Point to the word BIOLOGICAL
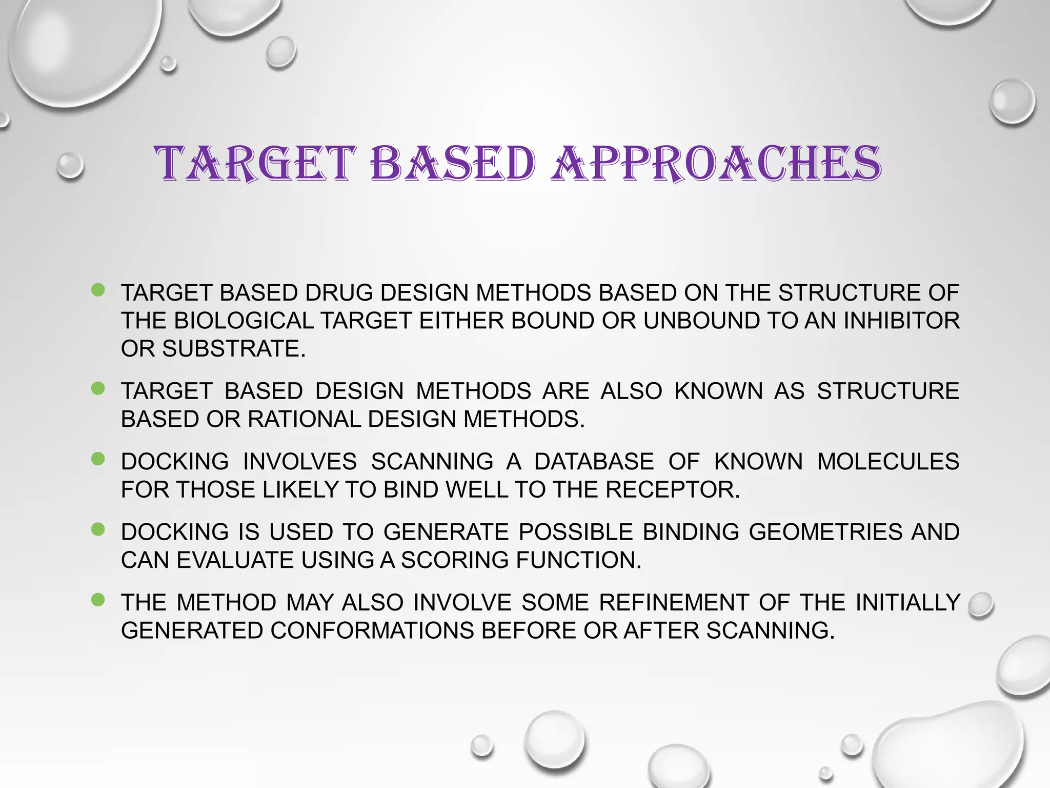click(244, 321)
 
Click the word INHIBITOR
click(901, 321)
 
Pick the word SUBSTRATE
click(234, 349)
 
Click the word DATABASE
click(594, 462)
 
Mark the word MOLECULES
click(888, 462)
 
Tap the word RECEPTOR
click(673, 490)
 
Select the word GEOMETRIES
click(825, 532)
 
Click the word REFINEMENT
click(674, 603)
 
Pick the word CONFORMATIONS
click(372, 631)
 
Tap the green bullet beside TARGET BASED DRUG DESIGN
click(98, 290)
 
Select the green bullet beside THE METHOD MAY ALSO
click(98, 599)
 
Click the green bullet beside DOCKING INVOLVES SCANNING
click(98, 458)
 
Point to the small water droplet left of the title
click(70, 166)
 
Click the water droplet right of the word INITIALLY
click(981, 605)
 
